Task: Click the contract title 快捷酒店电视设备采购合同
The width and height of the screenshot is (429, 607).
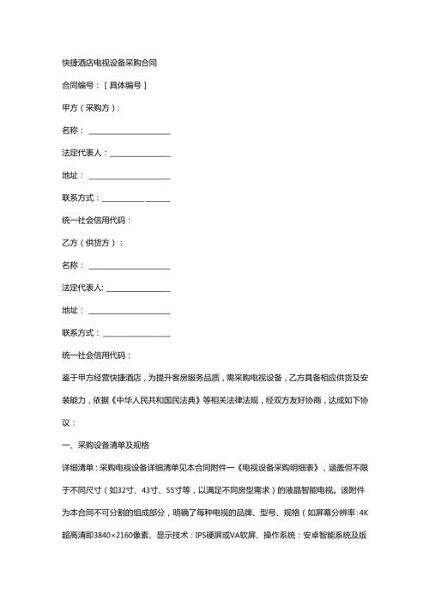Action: tap(109, 63)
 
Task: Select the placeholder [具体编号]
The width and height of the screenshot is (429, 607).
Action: tap(125, 85)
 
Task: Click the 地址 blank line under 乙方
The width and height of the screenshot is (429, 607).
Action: tap(129, 310)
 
